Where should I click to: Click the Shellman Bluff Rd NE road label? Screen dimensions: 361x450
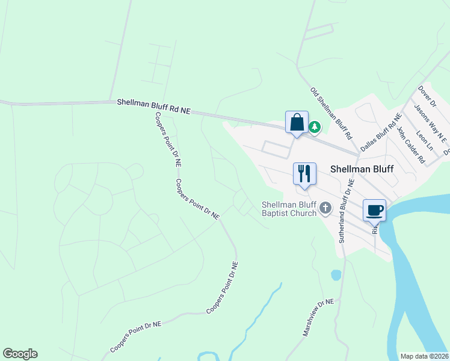(153, 107)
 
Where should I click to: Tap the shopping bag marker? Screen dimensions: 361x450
(297, 123)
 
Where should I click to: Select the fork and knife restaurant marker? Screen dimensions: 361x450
(304, 174)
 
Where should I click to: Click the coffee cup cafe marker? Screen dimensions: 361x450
(374, 211)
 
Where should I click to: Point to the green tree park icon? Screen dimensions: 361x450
(315, 127)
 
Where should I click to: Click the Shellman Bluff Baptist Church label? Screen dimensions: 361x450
(289, 209)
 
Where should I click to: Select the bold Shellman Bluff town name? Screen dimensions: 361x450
(362, 170)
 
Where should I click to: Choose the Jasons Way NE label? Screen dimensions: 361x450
(430, 123)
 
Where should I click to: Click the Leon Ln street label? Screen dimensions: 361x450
(424, 140)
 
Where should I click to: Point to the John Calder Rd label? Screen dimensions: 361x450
(410, 145)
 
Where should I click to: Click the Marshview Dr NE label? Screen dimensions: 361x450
(318, 318)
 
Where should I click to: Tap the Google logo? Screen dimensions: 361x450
(20, 354)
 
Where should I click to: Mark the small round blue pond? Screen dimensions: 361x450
(336, 276)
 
